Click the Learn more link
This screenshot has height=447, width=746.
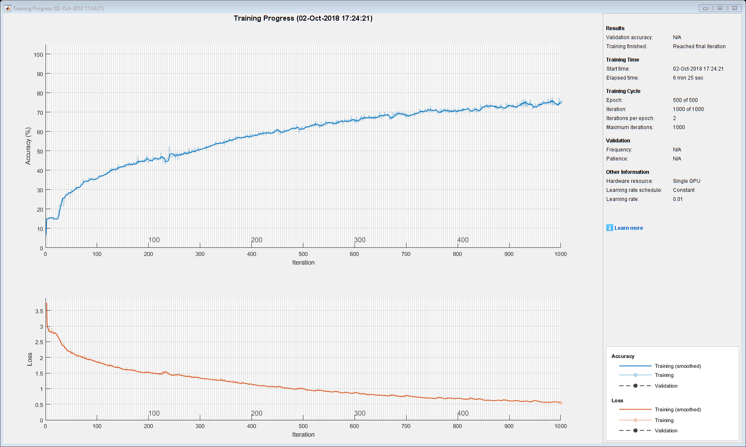tap(628, 228)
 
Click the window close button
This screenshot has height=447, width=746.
tap(735, 8)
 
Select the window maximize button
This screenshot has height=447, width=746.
tap(720, 8)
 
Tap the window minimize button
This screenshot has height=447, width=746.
tap(705, 8)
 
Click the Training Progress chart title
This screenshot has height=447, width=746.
tap(303, 18)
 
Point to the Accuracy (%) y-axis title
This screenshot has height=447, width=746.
tap(28, 146)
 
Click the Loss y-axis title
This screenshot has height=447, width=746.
tap(30, 359)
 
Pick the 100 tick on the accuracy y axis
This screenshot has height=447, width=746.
tap(39, 55)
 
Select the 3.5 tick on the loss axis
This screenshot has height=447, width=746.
tap(39, 311)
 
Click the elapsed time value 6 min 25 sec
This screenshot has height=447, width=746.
tap(688, 78)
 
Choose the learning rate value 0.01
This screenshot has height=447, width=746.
tap(678, 199)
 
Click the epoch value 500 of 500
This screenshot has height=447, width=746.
tap(685, 100)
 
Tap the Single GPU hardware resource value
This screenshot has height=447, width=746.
tap(686, 181)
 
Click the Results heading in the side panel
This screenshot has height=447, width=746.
tap(615, 28)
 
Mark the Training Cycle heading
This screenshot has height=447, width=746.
tap(623, 91)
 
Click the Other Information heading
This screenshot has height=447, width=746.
tap(627, 172)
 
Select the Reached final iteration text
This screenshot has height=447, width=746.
tap(699, 46)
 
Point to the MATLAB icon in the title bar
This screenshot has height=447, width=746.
tap(7, 8)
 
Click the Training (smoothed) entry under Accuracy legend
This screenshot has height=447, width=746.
tap(678, 366)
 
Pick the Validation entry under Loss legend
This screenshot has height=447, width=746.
tap(666, 431)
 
